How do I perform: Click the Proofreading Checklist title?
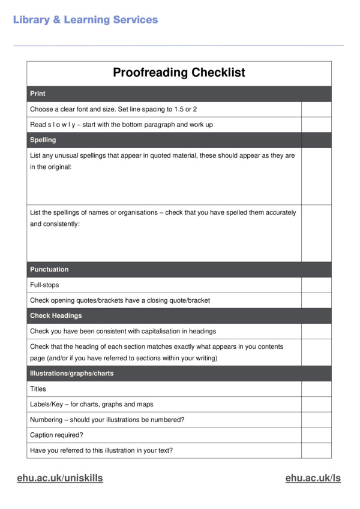click(179, 73)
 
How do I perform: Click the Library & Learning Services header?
click(85, 20)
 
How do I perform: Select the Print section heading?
click(38, 94)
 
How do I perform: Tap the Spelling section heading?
click(43, 140)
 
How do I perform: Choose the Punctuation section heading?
click(49, 270)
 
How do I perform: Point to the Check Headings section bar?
click(56, 315)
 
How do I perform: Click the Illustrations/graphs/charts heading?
click(71, 374)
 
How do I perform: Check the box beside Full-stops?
click(316, 285)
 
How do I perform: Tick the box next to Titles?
click(316, 389)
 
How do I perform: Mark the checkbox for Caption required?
click(316, 435)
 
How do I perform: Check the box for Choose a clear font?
click(316, 109)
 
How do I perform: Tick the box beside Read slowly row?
click(316, 125)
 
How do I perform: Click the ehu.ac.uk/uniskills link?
click(59, 478)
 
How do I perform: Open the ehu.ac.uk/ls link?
click(313, 478)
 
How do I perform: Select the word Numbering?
click(46, 420)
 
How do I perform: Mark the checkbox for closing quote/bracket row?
click(316, 300)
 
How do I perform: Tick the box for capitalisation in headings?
click(316, 331)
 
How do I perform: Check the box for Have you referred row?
click(316, 450)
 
